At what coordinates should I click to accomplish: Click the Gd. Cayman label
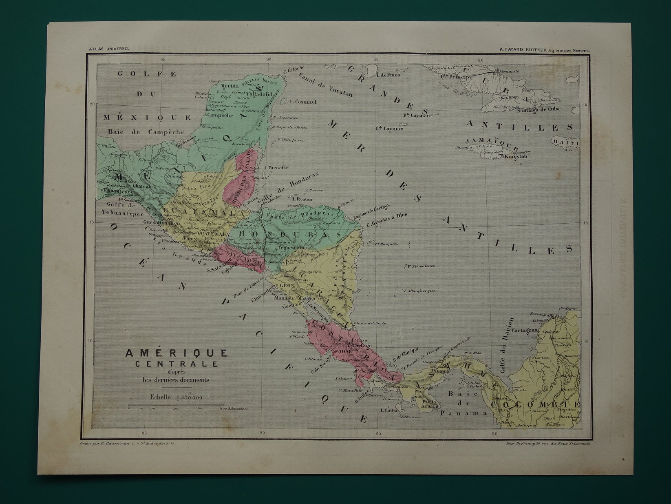point(389,129)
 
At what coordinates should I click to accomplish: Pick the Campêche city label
point(220,115)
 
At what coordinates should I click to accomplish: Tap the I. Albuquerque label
point(419,291)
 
